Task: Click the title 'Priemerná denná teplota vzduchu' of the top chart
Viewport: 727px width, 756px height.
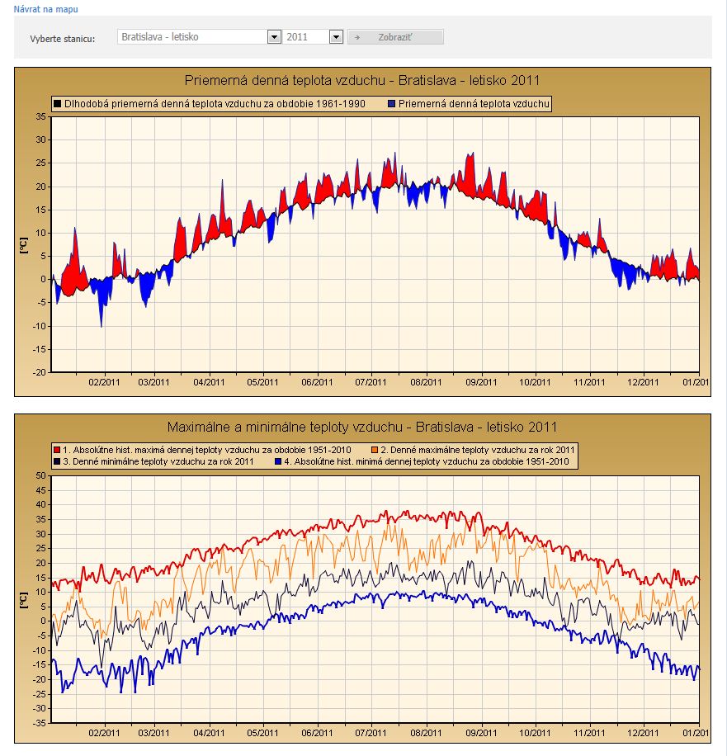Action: click(x=362, y=81)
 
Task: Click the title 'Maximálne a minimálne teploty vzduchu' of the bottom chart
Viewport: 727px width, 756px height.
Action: click(x=362, y=427)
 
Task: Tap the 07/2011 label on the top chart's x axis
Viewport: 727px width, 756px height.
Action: click(x=371, y=382)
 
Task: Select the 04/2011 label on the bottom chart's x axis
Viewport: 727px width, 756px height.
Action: click(x=209, y=732)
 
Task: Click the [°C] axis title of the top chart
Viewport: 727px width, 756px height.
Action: click(x=24, y=244)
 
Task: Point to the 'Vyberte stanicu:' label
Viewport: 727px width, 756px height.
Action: click(x=63, y=38)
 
